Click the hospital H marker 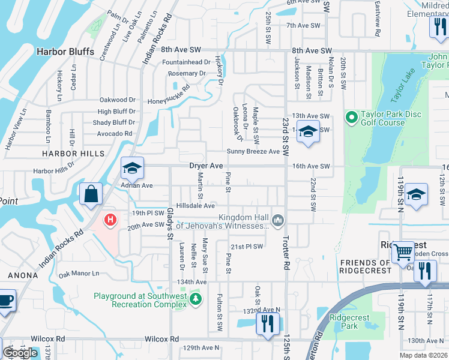click(110, 220)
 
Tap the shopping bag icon click(91, 194)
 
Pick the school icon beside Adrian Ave click(132, 168)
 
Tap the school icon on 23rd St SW click(308, 131)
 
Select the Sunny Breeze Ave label click(253, 151)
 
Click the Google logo click(20, 353)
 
